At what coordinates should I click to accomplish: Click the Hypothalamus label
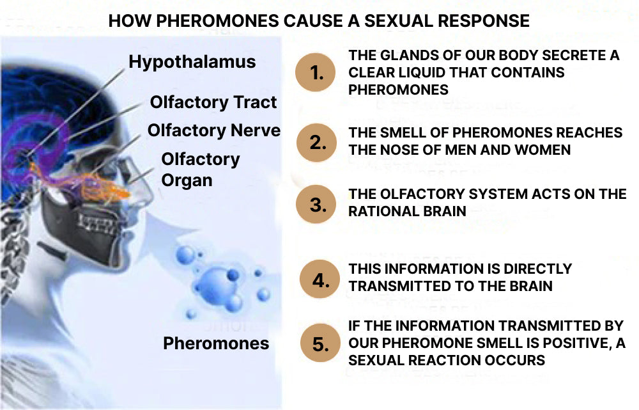(x=192, y=62)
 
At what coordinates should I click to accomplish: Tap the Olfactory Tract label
(x=213, y=102)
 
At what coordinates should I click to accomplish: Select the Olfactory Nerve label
(x=214, y=130)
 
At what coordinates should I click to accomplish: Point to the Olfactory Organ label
(x=200, y=170)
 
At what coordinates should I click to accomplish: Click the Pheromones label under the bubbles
(x=216, y=343)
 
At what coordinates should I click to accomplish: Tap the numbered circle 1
(x=317, y=73)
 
